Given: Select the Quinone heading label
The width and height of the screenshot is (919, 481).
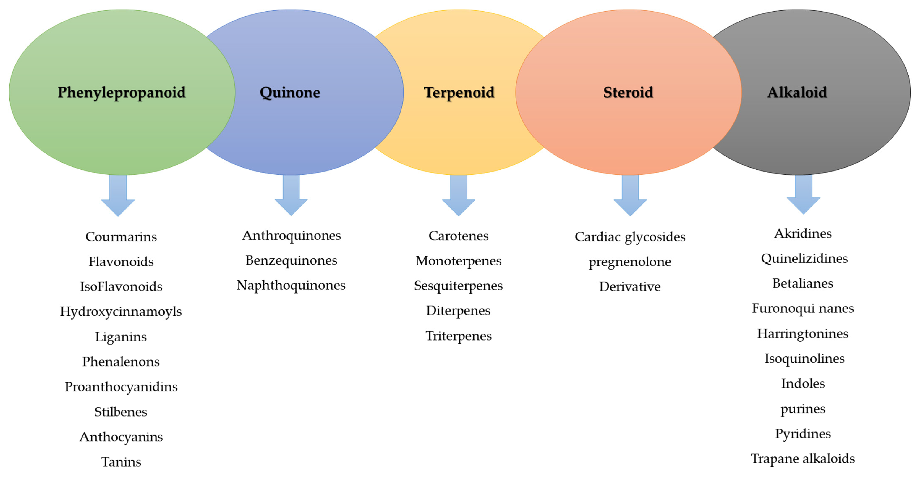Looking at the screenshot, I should click(x=290, y=92).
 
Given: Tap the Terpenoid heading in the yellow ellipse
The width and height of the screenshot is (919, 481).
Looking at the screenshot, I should click(x=459, y=92).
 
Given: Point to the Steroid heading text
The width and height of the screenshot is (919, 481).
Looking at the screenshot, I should click(x=628, y=92).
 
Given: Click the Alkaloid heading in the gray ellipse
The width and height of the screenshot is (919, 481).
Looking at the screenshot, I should click(x=797, y=92).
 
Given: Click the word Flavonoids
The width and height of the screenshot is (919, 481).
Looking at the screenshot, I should click(x=121, y=262).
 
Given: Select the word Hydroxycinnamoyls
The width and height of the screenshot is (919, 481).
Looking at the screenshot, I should click(x=121, y=312).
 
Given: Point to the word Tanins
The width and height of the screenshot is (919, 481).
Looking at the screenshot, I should click(x=121, y=462).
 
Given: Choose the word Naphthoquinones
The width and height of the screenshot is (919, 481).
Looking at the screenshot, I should click(x=291, y=285).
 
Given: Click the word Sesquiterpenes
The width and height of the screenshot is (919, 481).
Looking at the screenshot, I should click(x=458, y=286).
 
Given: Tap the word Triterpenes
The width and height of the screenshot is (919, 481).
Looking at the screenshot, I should click(x=458, y=336).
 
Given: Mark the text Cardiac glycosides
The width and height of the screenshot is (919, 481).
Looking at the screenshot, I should click(x=630, y=237).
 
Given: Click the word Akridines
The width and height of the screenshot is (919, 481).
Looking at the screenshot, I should click(x=803, y=233).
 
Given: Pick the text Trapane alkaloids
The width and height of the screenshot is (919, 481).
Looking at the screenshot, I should click(x=803, y=459).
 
